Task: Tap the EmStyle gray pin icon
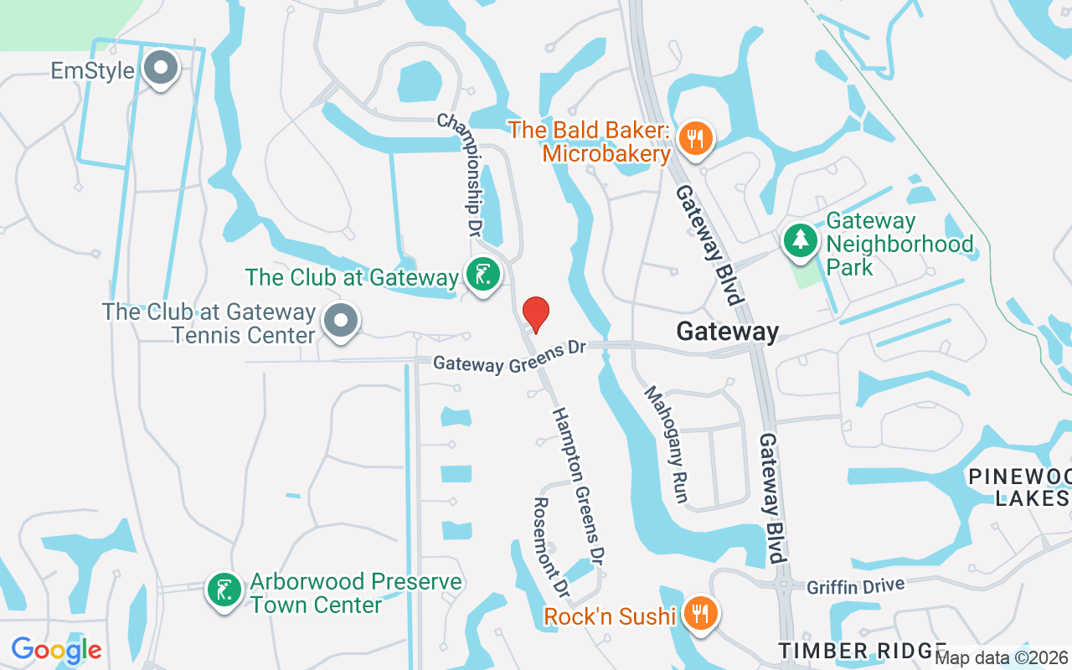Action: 161,70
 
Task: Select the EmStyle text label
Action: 92,70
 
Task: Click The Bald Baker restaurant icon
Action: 695,138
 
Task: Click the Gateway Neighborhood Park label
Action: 899,245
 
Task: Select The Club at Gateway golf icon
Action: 483,276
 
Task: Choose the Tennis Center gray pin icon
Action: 340,321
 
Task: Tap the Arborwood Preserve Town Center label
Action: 356,593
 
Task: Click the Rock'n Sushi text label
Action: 610,617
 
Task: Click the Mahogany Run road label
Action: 666,445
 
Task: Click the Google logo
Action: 57,650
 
